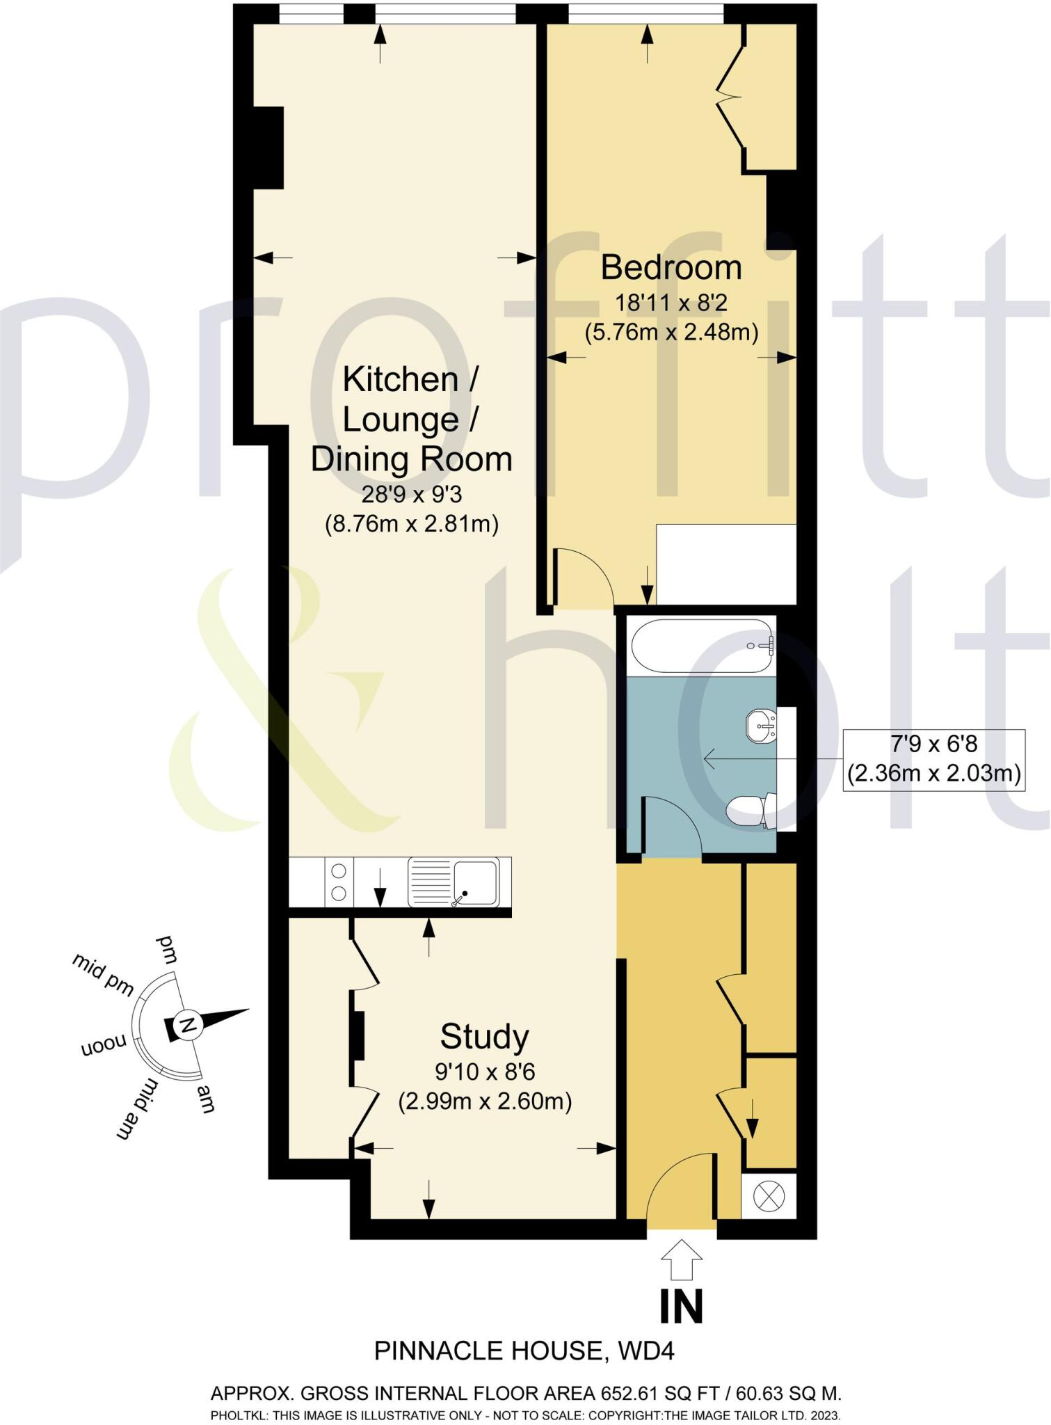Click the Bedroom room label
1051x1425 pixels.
pyautogui.click(x=671, y=268)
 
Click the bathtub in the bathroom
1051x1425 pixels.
pyautogui.click(x=701, y=646)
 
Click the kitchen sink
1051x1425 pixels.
pyautogui.click(x=454, y=882)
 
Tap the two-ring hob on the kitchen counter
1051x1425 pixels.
pyautogui.click(x=339, y=882)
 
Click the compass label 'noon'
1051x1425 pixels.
pyautogui.click(x=104, y=1044)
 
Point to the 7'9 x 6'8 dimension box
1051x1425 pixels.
pyautogui.click(x=933, y=759)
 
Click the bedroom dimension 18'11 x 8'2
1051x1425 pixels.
pyautogui.click(x=671, y=303)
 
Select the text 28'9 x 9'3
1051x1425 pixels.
pyautogui.click(x=411, y=495)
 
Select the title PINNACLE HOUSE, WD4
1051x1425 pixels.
pyautogui.click(x=524, y=1351)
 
